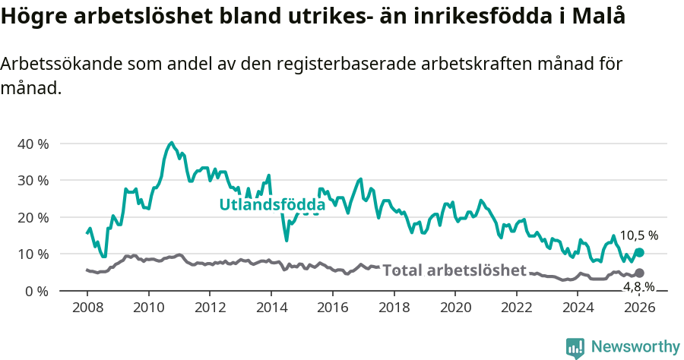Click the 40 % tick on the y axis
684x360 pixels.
click(33, 144)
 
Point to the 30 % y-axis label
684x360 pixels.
click(33, 181)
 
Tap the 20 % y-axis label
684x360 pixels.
click(33, 217)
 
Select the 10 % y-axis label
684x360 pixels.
click(33, 254)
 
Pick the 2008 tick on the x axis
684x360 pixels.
click(87, 307)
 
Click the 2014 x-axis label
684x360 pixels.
click(271, 307)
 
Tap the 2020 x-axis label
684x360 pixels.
click(455, 307)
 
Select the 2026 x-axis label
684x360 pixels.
click(639, 307)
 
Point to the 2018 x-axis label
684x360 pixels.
click(394, 307)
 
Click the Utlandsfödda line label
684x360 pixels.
click(272, 204)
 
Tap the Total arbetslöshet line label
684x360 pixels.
click(454, 270)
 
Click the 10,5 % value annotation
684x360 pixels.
click(638, 236)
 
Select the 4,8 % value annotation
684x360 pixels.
click(638, 286)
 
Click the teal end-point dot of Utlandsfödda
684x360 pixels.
click(639, 252)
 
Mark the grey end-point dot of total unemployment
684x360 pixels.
click(639, 273)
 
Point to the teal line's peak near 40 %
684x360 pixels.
click(171, 143)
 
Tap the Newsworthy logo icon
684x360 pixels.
click(575, 348)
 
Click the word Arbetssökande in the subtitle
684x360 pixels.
click(53, 65)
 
